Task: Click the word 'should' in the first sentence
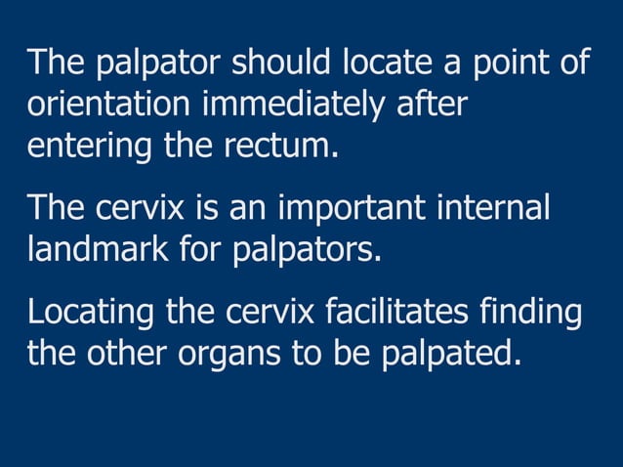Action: click(285, 64)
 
